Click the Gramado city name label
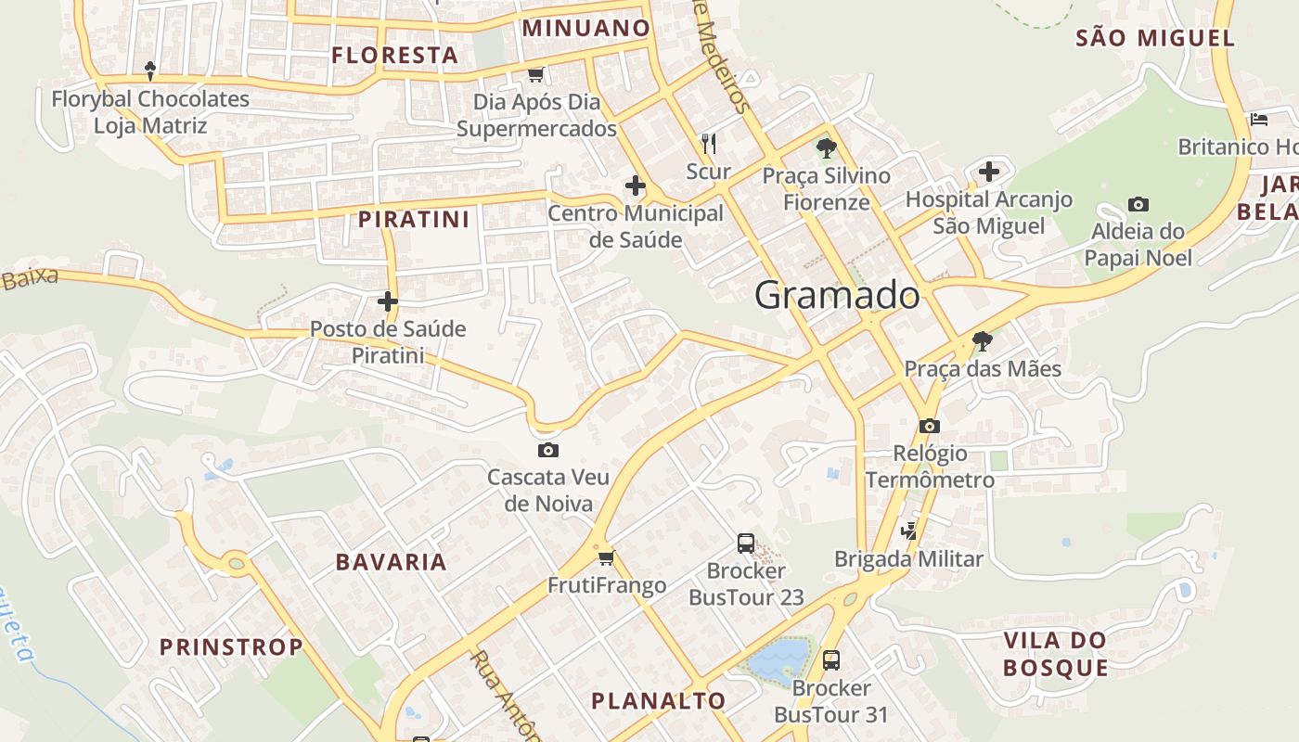837,295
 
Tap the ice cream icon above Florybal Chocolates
150,70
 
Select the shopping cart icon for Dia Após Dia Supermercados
535,74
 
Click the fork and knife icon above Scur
709,143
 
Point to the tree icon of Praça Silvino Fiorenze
826,147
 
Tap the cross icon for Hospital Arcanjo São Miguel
989,172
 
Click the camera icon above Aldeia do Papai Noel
1138,204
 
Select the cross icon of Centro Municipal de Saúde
636,185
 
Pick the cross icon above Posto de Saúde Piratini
388,301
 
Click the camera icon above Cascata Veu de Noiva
548,450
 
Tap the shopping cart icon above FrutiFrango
607,556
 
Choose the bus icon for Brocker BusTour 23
746,544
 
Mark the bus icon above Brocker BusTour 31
831,660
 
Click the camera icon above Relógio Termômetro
930,426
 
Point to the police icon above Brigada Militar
909,531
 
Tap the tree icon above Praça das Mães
982,341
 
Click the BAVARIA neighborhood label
391,562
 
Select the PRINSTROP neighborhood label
231,646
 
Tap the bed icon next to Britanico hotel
1259,119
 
